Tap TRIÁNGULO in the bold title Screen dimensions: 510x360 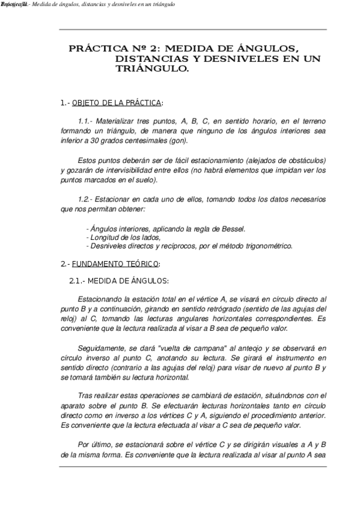(152, 69)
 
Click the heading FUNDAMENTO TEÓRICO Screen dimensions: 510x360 (116, 263)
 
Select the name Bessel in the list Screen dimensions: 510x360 (232, 229)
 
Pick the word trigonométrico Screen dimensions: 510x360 (268, 245)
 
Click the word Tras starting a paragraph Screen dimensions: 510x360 (86, 396)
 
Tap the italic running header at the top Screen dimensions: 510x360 (90, 5)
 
